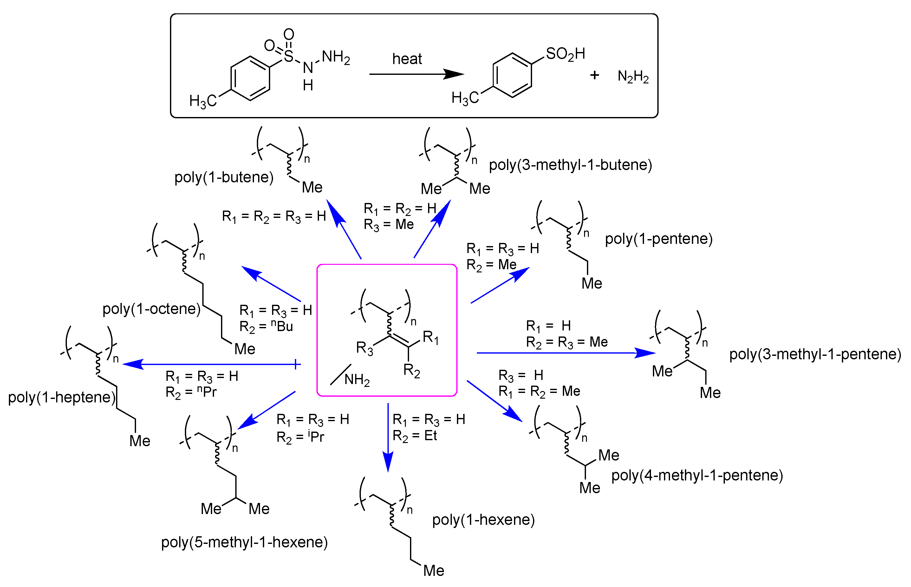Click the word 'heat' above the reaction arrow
click(407, 59)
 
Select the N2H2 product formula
click(633, 76)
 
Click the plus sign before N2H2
click(594, 75)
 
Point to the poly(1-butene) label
click(224, 177)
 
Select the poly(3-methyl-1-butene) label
click(570, 165)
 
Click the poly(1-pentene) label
click(658, 238)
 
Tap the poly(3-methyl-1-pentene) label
click(815, 354)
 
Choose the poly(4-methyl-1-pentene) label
click(697, 475)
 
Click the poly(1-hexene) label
click(483, 520)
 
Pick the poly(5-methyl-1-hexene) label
click(244, 542)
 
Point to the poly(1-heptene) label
click(61, 397)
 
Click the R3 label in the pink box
click(364, 348)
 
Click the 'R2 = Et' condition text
click(414, 436)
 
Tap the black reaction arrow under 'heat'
click(415, 74)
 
